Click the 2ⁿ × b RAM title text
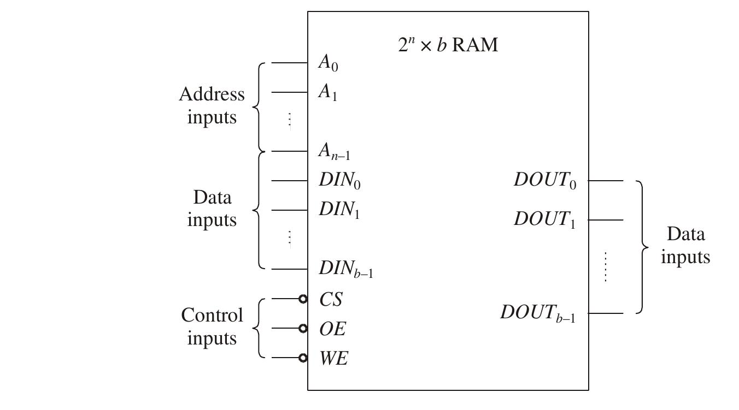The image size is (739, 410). (448, 44)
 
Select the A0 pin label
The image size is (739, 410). (328, 63)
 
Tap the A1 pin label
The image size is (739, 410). (328, 93)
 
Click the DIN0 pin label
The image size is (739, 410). (339, 181)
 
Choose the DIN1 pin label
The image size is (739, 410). (339, 210)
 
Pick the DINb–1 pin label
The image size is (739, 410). (346, 269)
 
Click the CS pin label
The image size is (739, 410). (331, 299)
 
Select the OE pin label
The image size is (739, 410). (332, 329)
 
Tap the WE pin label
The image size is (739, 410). (333, 358)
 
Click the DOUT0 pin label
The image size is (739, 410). (544, 181)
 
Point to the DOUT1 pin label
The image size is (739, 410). (544, 220)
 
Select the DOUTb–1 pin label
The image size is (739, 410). (538, 313)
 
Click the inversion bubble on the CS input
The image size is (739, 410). (303, 299)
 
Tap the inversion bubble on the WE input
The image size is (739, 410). (303, 358)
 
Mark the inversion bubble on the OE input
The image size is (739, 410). (303, 328)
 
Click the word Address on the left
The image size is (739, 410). (212, 94)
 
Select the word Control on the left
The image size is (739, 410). (212, 315)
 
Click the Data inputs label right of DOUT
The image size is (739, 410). (685, 246)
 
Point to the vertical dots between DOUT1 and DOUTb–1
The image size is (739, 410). (606, 266)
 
